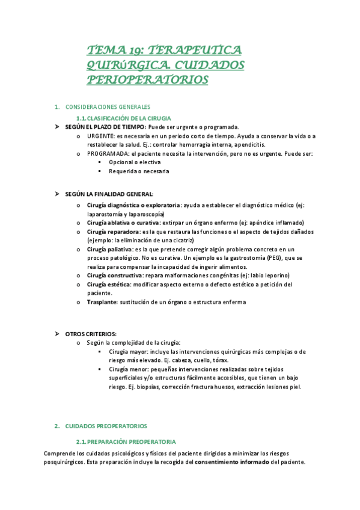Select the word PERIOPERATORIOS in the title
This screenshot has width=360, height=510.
(x=148, y=79)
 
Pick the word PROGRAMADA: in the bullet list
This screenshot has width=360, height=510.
(x=109, y=153)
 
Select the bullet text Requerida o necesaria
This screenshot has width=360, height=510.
(x=139, y=171)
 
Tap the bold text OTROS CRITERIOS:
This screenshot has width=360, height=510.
(x=91, y=334)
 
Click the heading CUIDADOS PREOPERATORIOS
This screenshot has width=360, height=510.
(x=106, y=426)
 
